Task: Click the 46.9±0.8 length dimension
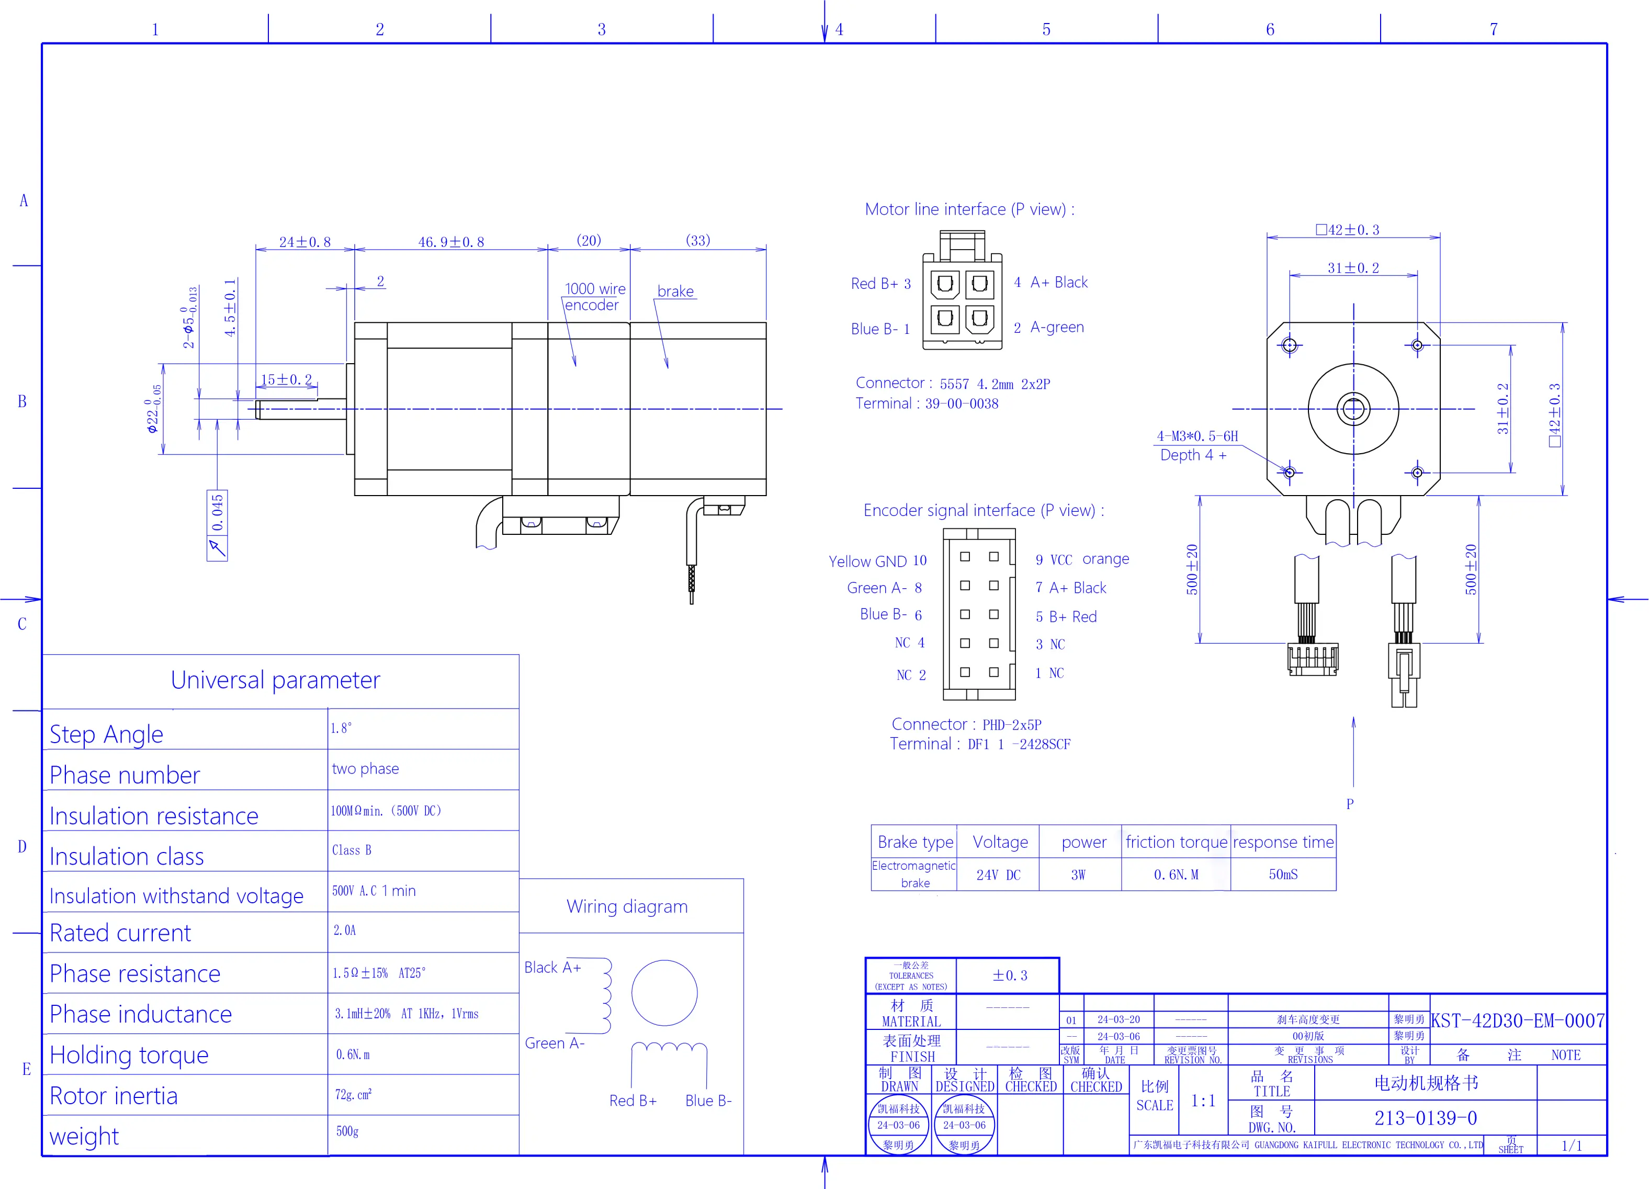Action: [x=451, y=242]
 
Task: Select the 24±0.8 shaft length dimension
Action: [x=304, y=242]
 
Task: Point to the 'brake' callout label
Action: [x=675, y=291]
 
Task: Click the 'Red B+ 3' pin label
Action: [x=880, y=284]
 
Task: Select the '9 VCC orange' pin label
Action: [x=1082, y=559]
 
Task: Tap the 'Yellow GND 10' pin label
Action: [x=877, y=560]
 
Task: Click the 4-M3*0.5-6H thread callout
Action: [x=1197, y=436]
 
